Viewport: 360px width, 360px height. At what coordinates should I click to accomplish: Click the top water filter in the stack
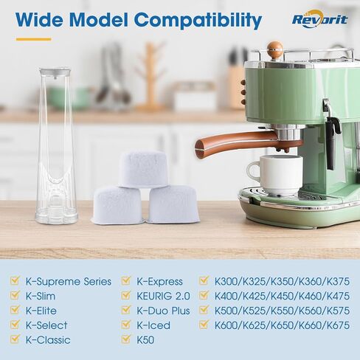pos(144,168)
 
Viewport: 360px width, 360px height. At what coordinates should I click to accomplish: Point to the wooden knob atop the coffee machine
pos(274,50)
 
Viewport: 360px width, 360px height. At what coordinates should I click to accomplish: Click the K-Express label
pos(159,281)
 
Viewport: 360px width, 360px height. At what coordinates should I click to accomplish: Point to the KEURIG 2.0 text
pos(164,296)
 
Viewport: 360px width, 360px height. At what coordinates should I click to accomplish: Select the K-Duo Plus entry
pos(163,311)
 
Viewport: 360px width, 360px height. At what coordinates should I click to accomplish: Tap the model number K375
pos(336,281)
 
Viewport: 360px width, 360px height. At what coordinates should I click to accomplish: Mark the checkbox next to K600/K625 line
pos(204,325)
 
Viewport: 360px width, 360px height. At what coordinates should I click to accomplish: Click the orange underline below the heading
pos(33,39)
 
